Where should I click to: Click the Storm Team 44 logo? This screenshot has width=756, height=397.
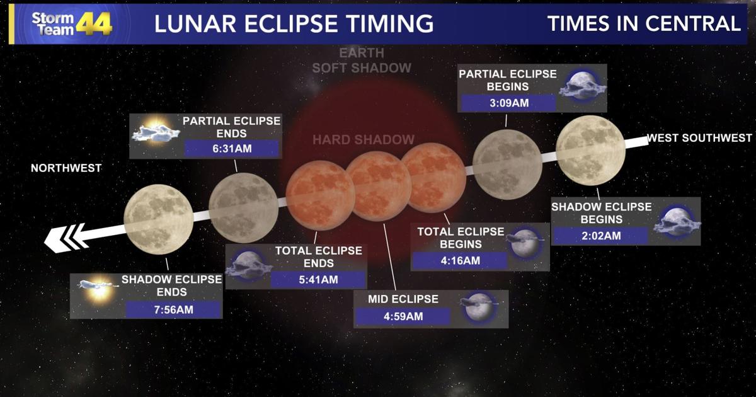coord(71,23)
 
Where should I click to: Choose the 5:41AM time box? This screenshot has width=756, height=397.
coord(318,280)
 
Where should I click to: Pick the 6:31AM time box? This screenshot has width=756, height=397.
coord(231,149)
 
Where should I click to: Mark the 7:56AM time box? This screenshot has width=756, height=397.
coord(173,309)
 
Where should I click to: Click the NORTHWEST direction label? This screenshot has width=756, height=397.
coord(66,168)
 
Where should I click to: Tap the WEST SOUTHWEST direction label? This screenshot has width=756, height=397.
coord(699,138)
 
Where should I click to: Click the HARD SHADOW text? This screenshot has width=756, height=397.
coord(364,140)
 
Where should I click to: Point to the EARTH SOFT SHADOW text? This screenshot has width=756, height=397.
coord(362,60)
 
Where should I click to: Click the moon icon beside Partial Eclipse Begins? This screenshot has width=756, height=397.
coord(581,82)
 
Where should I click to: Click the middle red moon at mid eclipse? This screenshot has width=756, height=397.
coord(379,187)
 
